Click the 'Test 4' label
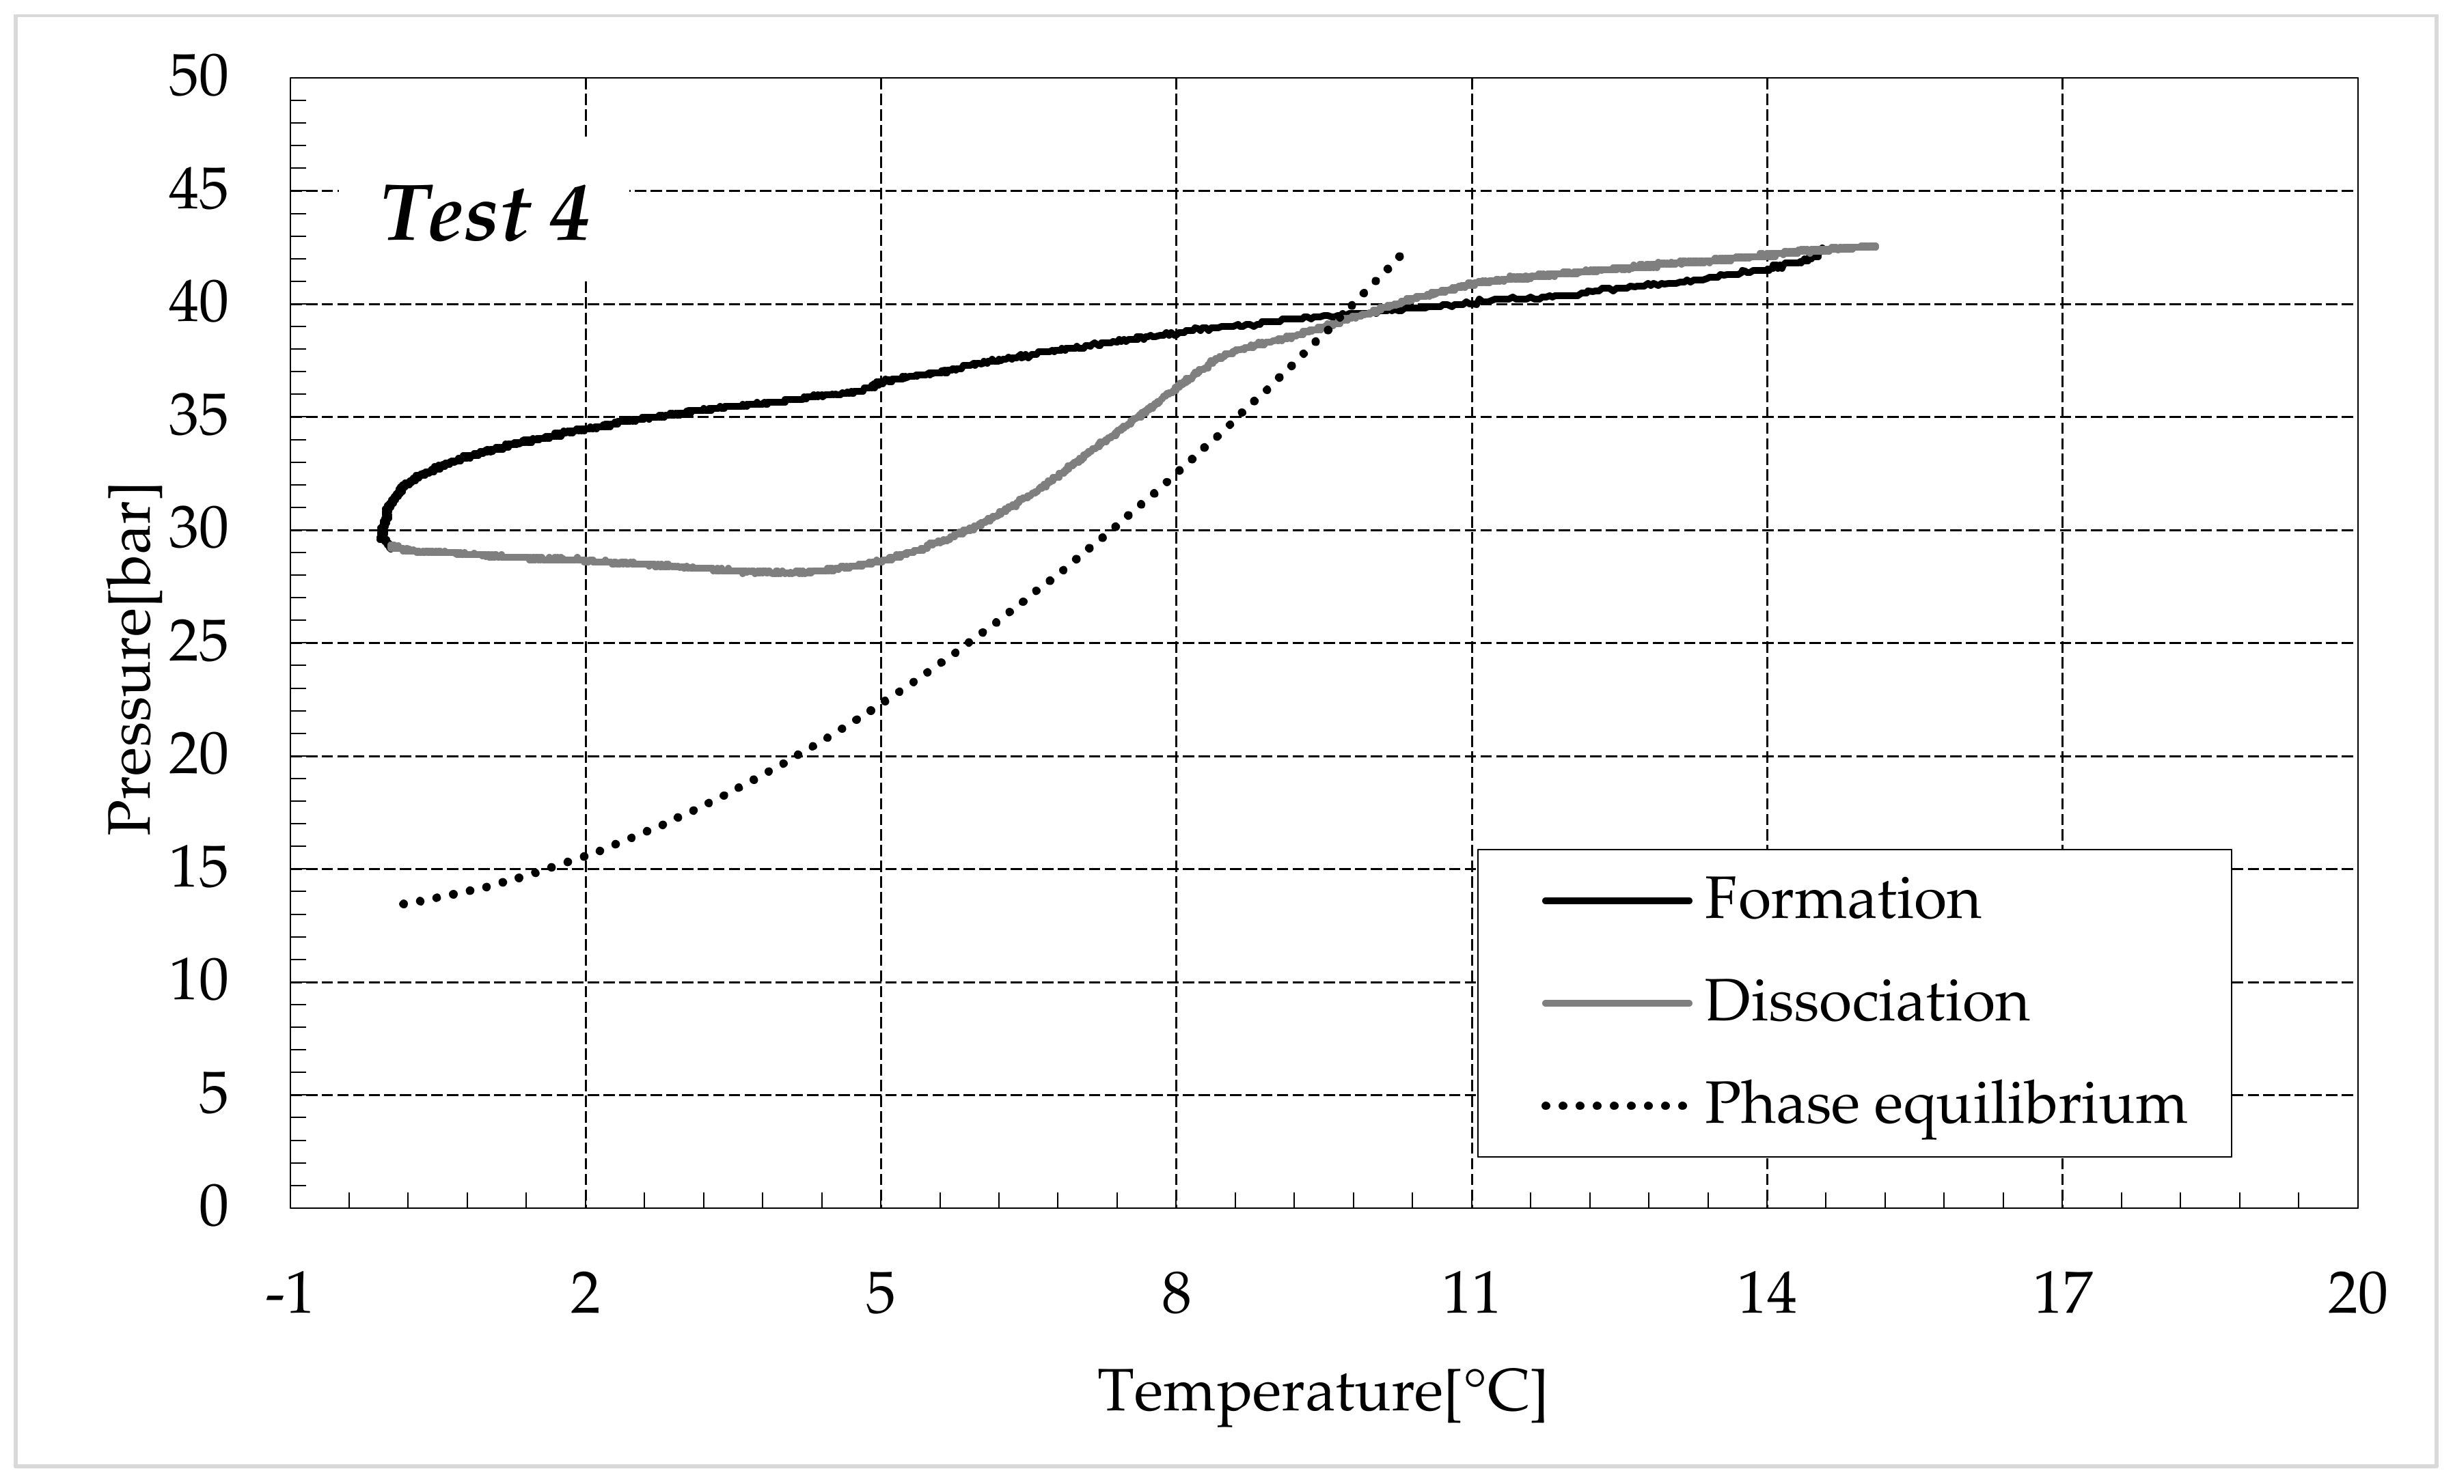pos(486,214)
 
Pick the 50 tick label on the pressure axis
pos(198,78)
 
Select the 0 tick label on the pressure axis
pos(213,1207)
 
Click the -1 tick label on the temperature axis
pos(289,1295)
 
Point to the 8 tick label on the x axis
pos(1176,1295)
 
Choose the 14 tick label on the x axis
pos(1766,1295)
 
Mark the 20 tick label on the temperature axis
pos(2357,1295)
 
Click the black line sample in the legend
pos(1616,901)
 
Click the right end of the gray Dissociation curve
pos(1874,246)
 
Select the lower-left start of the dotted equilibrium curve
pos(403,904)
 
